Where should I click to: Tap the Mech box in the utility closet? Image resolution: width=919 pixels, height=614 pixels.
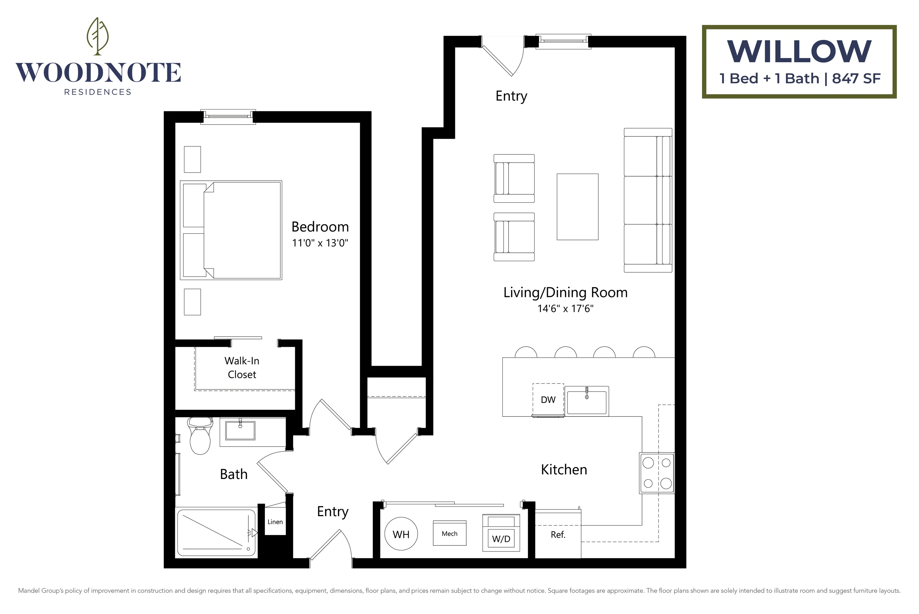coord(450,533)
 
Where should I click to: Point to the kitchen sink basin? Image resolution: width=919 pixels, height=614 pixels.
coord(587,401)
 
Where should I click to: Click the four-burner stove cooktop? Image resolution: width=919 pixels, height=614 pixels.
coord(657,473)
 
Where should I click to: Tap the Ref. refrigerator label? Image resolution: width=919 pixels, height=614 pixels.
coord(558,535)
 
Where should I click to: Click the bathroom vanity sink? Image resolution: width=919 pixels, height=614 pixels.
coord(240,431)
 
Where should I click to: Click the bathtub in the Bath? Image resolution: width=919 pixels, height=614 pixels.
coord(216,532)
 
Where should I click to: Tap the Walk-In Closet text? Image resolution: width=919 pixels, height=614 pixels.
coord(242,368)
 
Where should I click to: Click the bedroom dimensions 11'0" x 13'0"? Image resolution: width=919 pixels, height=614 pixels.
coord(320,243)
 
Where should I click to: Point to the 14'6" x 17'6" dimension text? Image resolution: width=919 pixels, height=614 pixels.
coord(565,309)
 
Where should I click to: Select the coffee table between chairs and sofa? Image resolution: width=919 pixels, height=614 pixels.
coord(578,207)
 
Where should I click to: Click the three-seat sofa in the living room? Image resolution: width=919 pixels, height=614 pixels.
coord(648,200)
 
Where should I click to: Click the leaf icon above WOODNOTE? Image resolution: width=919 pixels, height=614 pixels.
coord(97,36)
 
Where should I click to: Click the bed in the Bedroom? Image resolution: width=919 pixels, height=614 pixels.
coord(231,230)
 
